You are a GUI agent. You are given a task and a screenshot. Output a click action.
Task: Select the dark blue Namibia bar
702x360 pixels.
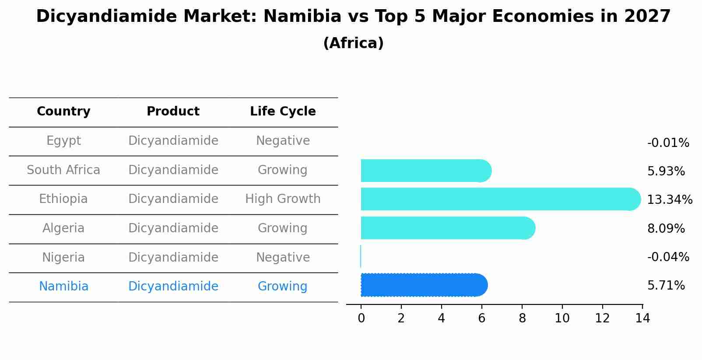423,285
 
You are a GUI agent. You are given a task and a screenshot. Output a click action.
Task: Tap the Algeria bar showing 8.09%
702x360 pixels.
446,228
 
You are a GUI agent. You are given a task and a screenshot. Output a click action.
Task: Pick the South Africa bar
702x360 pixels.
425,171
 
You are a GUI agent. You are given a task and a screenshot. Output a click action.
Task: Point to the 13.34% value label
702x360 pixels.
669,200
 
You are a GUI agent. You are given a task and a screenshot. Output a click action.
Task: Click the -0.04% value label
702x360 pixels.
668,257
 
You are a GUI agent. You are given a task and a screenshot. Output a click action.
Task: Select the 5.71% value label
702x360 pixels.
666,286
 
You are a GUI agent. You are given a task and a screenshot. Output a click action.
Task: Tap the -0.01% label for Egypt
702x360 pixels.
668,143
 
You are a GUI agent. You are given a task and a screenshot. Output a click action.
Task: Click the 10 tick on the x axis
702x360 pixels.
562,318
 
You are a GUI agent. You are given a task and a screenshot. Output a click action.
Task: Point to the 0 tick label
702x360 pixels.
361,318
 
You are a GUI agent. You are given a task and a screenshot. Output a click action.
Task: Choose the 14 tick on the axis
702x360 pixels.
642,318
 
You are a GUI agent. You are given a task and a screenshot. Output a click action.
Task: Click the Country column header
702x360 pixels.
63,112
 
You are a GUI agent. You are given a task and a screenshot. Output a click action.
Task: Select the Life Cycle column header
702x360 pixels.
283,112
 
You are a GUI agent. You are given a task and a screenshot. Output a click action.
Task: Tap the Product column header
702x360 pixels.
173,112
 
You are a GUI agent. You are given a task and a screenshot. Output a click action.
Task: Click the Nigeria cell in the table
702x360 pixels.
63,257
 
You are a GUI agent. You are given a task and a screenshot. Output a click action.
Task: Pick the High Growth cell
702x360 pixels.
283,199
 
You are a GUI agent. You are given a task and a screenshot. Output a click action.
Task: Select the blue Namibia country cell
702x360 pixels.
63,287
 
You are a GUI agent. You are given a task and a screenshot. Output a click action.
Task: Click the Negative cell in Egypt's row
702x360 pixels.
283,141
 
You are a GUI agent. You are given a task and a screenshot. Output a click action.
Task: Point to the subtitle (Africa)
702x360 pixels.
353,43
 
